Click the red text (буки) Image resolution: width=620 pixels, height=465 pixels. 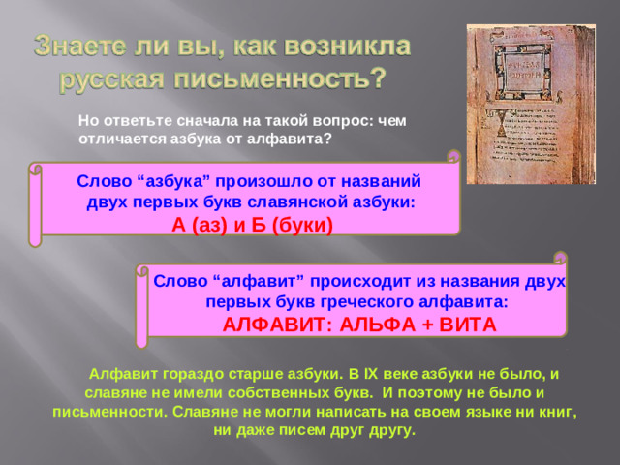tap(301, 225)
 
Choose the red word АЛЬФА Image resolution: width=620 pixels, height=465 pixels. tap(359, 324)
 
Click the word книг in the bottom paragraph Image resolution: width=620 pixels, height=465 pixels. tap(560, 411)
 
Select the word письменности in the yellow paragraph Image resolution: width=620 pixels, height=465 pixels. tap(100, 411)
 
